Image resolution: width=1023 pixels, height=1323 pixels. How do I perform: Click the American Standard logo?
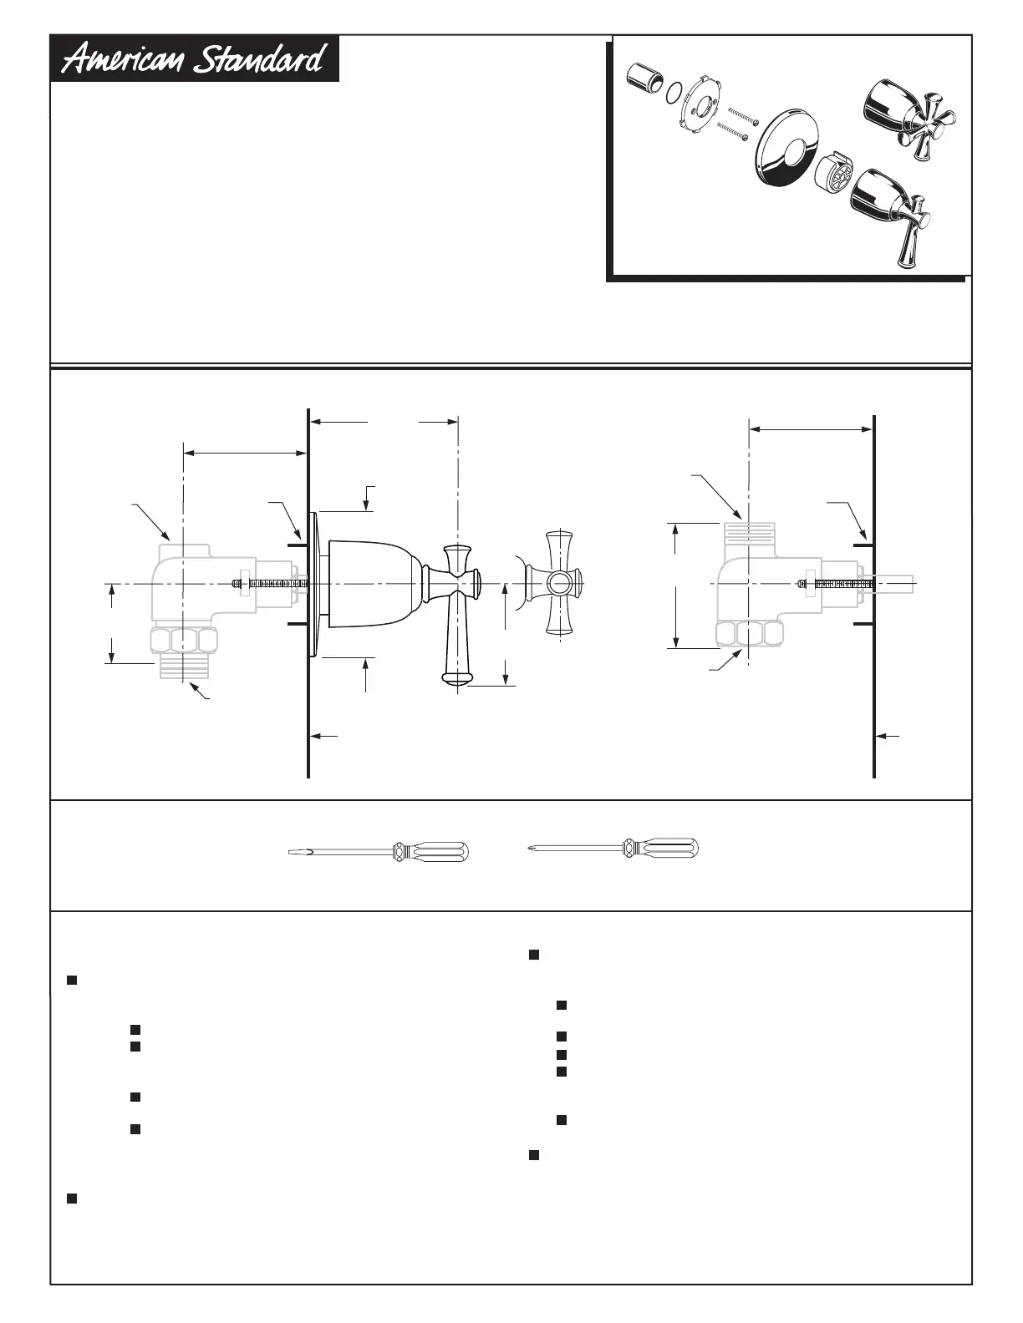(195, 59)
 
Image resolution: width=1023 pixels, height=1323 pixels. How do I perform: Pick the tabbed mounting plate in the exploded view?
(700, 108)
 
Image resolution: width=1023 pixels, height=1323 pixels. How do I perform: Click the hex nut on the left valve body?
(185, 641)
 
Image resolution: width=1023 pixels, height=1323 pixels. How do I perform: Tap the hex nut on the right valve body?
(751, 634)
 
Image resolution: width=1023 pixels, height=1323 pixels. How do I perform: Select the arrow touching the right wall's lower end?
(888, 736)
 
